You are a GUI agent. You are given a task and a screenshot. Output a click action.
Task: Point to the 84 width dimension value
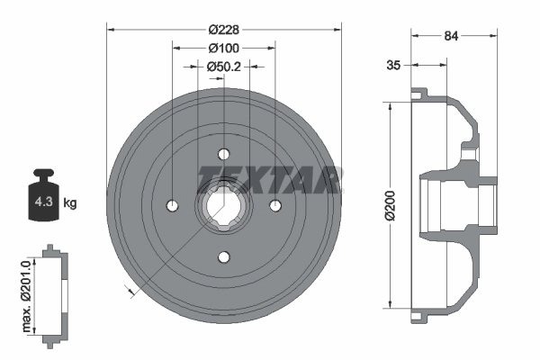(x=452, y=36)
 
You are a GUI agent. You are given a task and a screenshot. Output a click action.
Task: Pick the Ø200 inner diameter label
(x=389, y=205)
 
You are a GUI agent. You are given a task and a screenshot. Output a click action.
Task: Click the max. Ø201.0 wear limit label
(x=29, y=292)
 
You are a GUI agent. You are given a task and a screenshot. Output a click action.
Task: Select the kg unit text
(x=70, y=202)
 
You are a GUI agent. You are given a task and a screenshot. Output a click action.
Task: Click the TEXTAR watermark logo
(x=269, y=177)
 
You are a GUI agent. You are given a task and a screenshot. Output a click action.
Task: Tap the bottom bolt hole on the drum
(x=224, y=258)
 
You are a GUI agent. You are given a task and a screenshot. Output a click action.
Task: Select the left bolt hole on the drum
(x=171, y=206)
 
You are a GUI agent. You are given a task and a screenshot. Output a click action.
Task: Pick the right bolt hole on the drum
(x=276, y=206)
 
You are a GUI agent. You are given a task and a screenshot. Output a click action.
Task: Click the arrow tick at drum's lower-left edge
(x=130, y=290)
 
